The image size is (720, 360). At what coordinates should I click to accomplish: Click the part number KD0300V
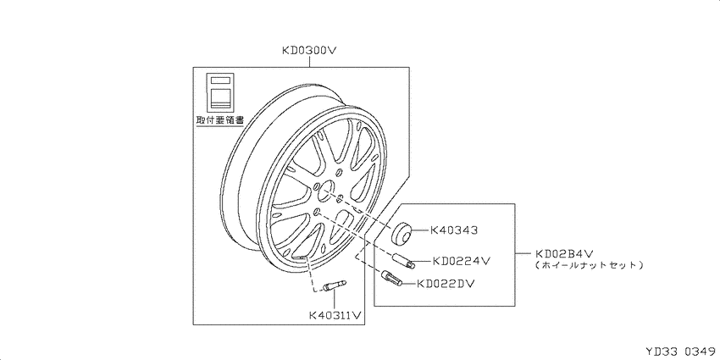(309, 50)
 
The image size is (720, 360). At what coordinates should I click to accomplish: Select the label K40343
(453, 230)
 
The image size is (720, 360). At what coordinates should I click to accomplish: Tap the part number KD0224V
(462, 261)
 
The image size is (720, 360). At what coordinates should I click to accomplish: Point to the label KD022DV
(446, 284)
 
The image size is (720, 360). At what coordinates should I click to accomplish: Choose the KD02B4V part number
(565, 253)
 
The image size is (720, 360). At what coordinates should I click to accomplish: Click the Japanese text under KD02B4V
(589, 265)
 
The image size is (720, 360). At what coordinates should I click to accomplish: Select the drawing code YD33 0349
(681, 352)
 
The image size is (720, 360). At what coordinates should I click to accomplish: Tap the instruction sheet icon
(220, 91)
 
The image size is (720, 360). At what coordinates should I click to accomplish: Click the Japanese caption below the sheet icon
(219, 120)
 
